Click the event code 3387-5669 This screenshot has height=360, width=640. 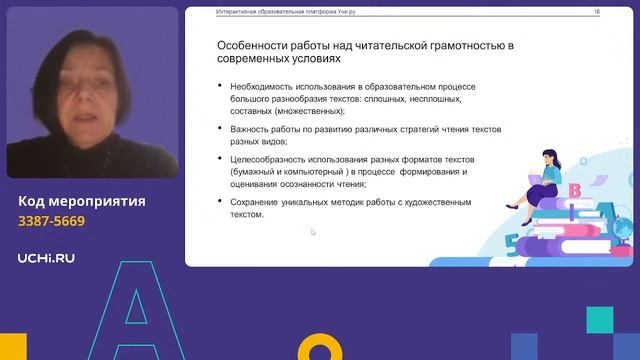(52, 221)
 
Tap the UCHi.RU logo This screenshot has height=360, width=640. (46, 258)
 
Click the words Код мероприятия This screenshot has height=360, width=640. (82, 201)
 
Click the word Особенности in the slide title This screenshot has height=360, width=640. (254, 46)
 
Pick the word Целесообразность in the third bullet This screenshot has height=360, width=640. (272, 160)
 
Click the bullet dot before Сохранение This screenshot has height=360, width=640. (219, 202)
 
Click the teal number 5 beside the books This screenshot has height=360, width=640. (511, 240)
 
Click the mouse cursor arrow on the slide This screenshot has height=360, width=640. (313, 233)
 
